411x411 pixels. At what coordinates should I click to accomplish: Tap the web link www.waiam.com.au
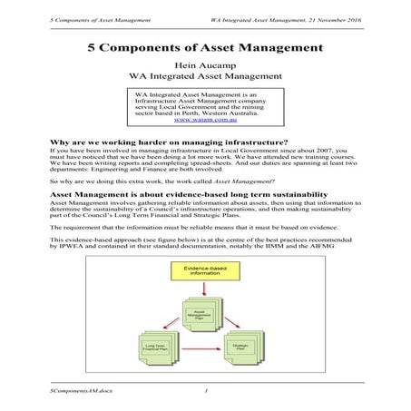pos(205,119)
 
